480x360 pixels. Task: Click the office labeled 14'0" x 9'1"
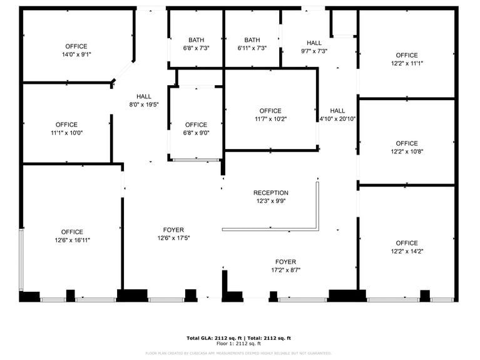pyautogui.click(x=76, y=50)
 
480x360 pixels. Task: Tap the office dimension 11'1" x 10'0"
pyautogui.click(x=66, y=133)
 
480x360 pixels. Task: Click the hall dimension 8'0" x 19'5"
pyautogui.click(x=144, y=105)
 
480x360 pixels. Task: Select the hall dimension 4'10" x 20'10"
pyautogui.click(x=338, y=118)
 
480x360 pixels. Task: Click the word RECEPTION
pyautogui.click(x=271, y=193)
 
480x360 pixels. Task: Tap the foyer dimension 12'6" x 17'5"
pyautogui.click(x=174, y=238)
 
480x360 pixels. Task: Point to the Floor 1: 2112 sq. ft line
pyautogui.click(x=239, y=344)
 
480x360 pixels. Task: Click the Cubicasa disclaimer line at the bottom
pyautogui.click(x=239, y=353)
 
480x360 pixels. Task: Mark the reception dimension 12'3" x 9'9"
pyautogui.click(x=271, y=201)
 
